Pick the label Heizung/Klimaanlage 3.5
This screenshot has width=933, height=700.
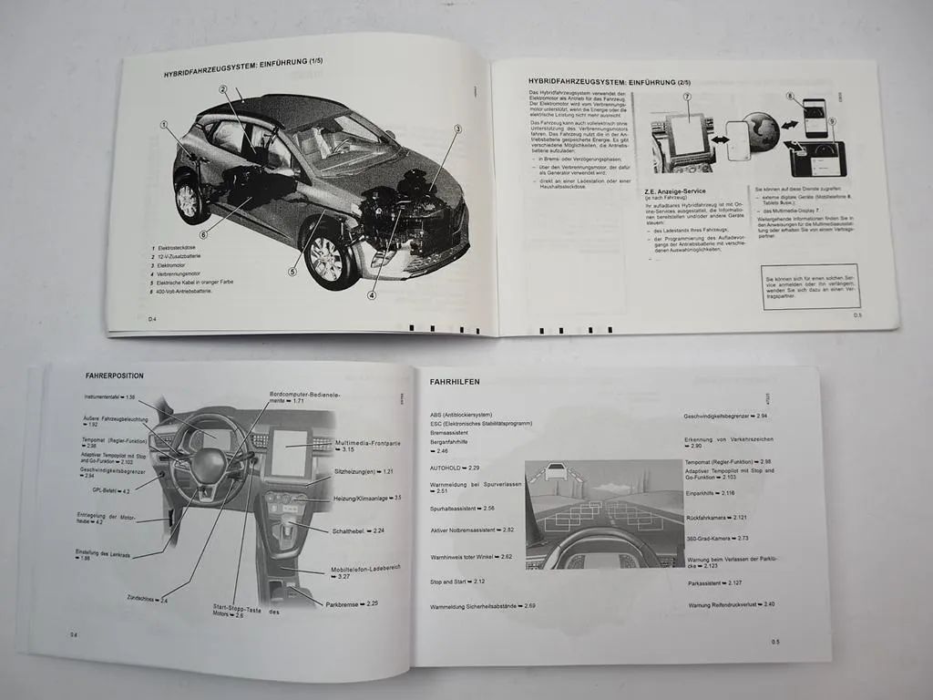(x=367, y=498)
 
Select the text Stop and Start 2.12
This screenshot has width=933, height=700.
(x=456, y=582)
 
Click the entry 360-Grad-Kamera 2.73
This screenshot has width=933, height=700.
(x=717, y=538)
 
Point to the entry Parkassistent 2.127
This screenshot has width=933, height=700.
(x=714, y=583)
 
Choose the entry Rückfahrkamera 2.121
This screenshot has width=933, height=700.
(x=716, y=517)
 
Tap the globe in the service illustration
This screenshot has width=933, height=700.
(x=761, y=127)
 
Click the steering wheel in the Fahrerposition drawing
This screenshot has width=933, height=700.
(x=201, y=460)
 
